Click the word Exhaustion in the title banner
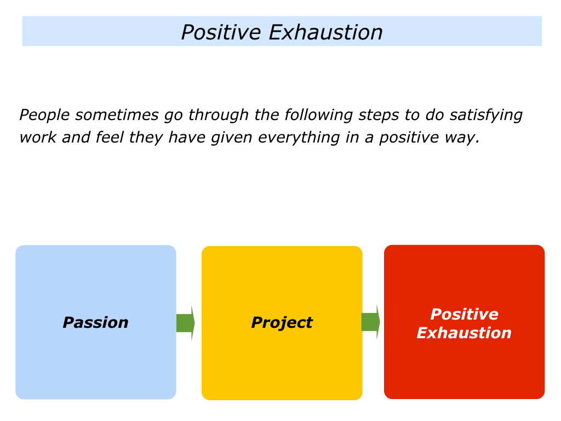(325, 32)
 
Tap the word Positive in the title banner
(221, 32)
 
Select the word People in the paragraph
(44, 115)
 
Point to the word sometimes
(117, 115)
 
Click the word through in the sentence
(219, 115)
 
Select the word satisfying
(486, 115)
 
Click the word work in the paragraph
(38, 138)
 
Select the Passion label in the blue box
(95, 322)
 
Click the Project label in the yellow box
(282, 322)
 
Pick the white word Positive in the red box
(465, 314)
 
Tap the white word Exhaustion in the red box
(464, 333)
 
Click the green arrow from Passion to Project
(185, 323)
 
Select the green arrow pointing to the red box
(371, 322)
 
